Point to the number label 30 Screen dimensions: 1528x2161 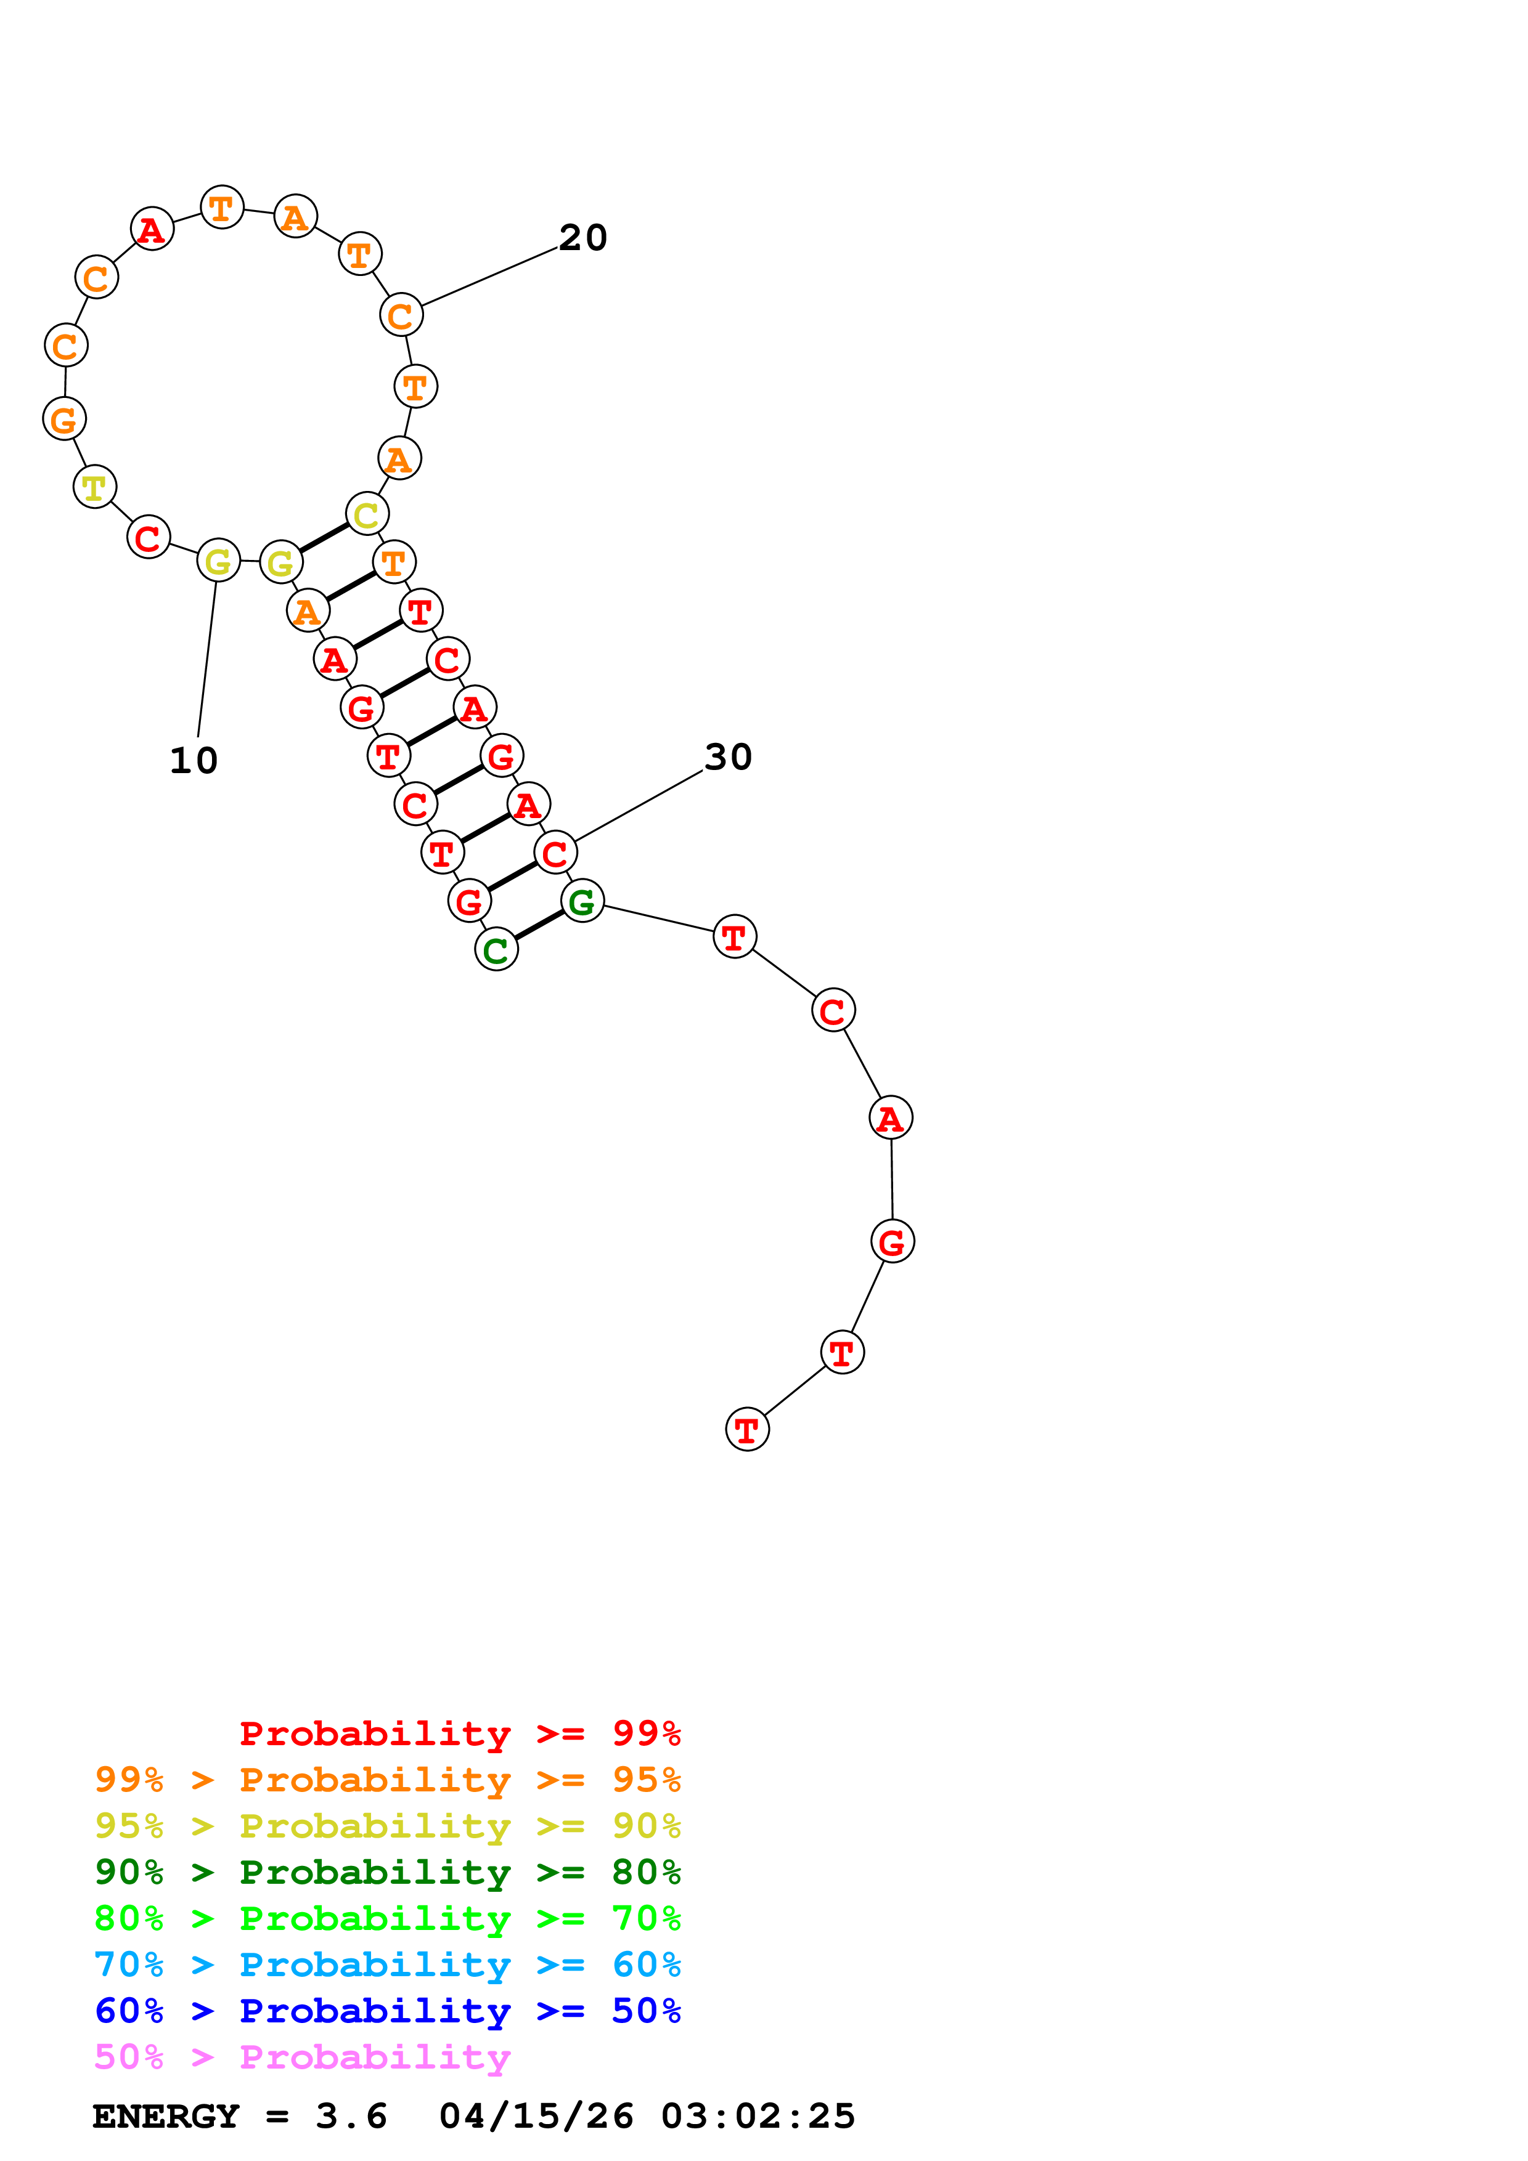click(728, 756)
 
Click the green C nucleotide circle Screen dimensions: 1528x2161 click(496, 950)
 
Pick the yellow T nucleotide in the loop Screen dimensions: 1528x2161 click(94, 487)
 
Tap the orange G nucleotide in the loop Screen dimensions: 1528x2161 click(64, 419)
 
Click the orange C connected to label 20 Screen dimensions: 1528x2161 click(401, 315)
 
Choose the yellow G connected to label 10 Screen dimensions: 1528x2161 click(218, 561)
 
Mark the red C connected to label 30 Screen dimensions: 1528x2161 click(555, 853)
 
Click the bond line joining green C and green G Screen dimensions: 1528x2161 click(539, 925)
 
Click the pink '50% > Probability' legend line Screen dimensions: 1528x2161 click(302, 2058)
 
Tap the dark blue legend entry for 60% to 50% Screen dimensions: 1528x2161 click(387, 2011)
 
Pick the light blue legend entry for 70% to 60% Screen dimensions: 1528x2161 click(387, 1965)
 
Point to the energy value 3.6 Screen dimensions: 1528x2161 click(351, 2117)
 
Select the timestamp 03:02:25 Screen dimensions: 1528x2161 click(758, 2117)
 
